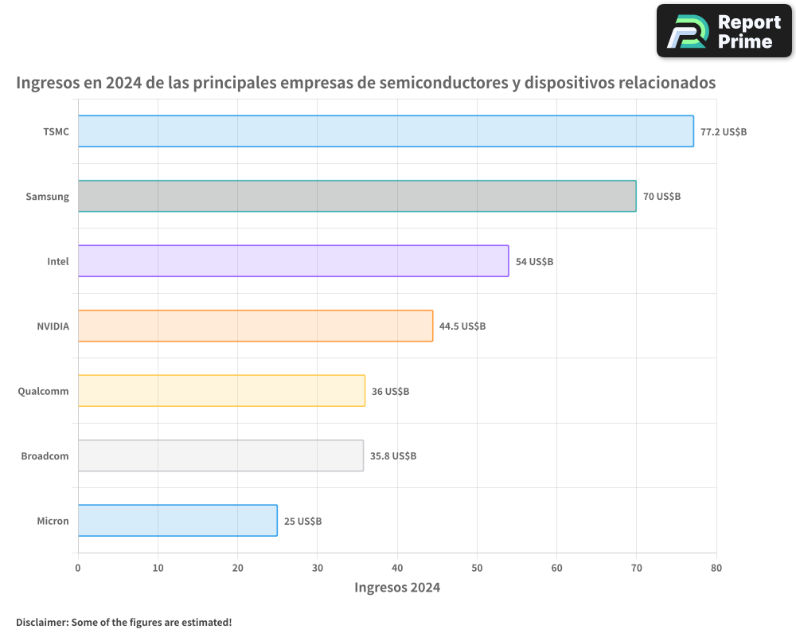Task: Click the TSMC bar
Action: pyautogui.click(x=386, y=131)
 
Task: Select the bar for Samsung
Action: pyautogui.click(x=357, y=196)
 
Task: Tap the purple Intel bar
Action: pyautogui.click(x=294, y=261)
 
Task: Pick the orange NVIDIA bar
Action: pyautogui.click(x=256, y=326)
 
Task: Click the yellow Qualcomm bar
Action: pyautogui.click(x=222, y=391)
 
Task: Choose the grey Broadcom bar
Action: pyautogui.click(x=221, y=455)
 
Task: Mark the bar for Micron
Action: pyautogui.click(x=178, y=521)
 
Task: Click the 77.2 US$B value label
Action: pyautogui.click(x=724, y=131)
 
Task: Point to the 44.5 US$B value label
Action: pyautogui.click(x=462, y=326)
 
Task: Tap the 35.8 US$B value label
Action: pyautogui.click(x=393, y=456)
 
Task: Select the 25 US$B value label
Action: pyautogui.click(x=302, y=522)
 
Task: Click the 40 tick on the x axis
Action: pyautogui.click(x=397, y=568)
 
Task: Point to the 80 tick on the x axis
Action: pyautogui.click(x=716, y=568)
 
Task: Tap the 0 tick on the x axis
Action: pyautogui.click(x=78, y=568)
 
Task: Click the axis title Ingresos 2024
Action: pyautogui.click(x=397, y=588)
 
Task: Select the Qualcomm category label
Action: pyautogui.click(x=44, y=391)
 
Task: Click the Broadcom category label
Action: pyautogui.click(x=45, y=456)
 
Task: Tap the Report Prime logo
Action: pyautogui.click(x=724, y=31)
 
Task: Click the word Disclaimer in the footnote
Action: pyautogui.click(x=41, y=622)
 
